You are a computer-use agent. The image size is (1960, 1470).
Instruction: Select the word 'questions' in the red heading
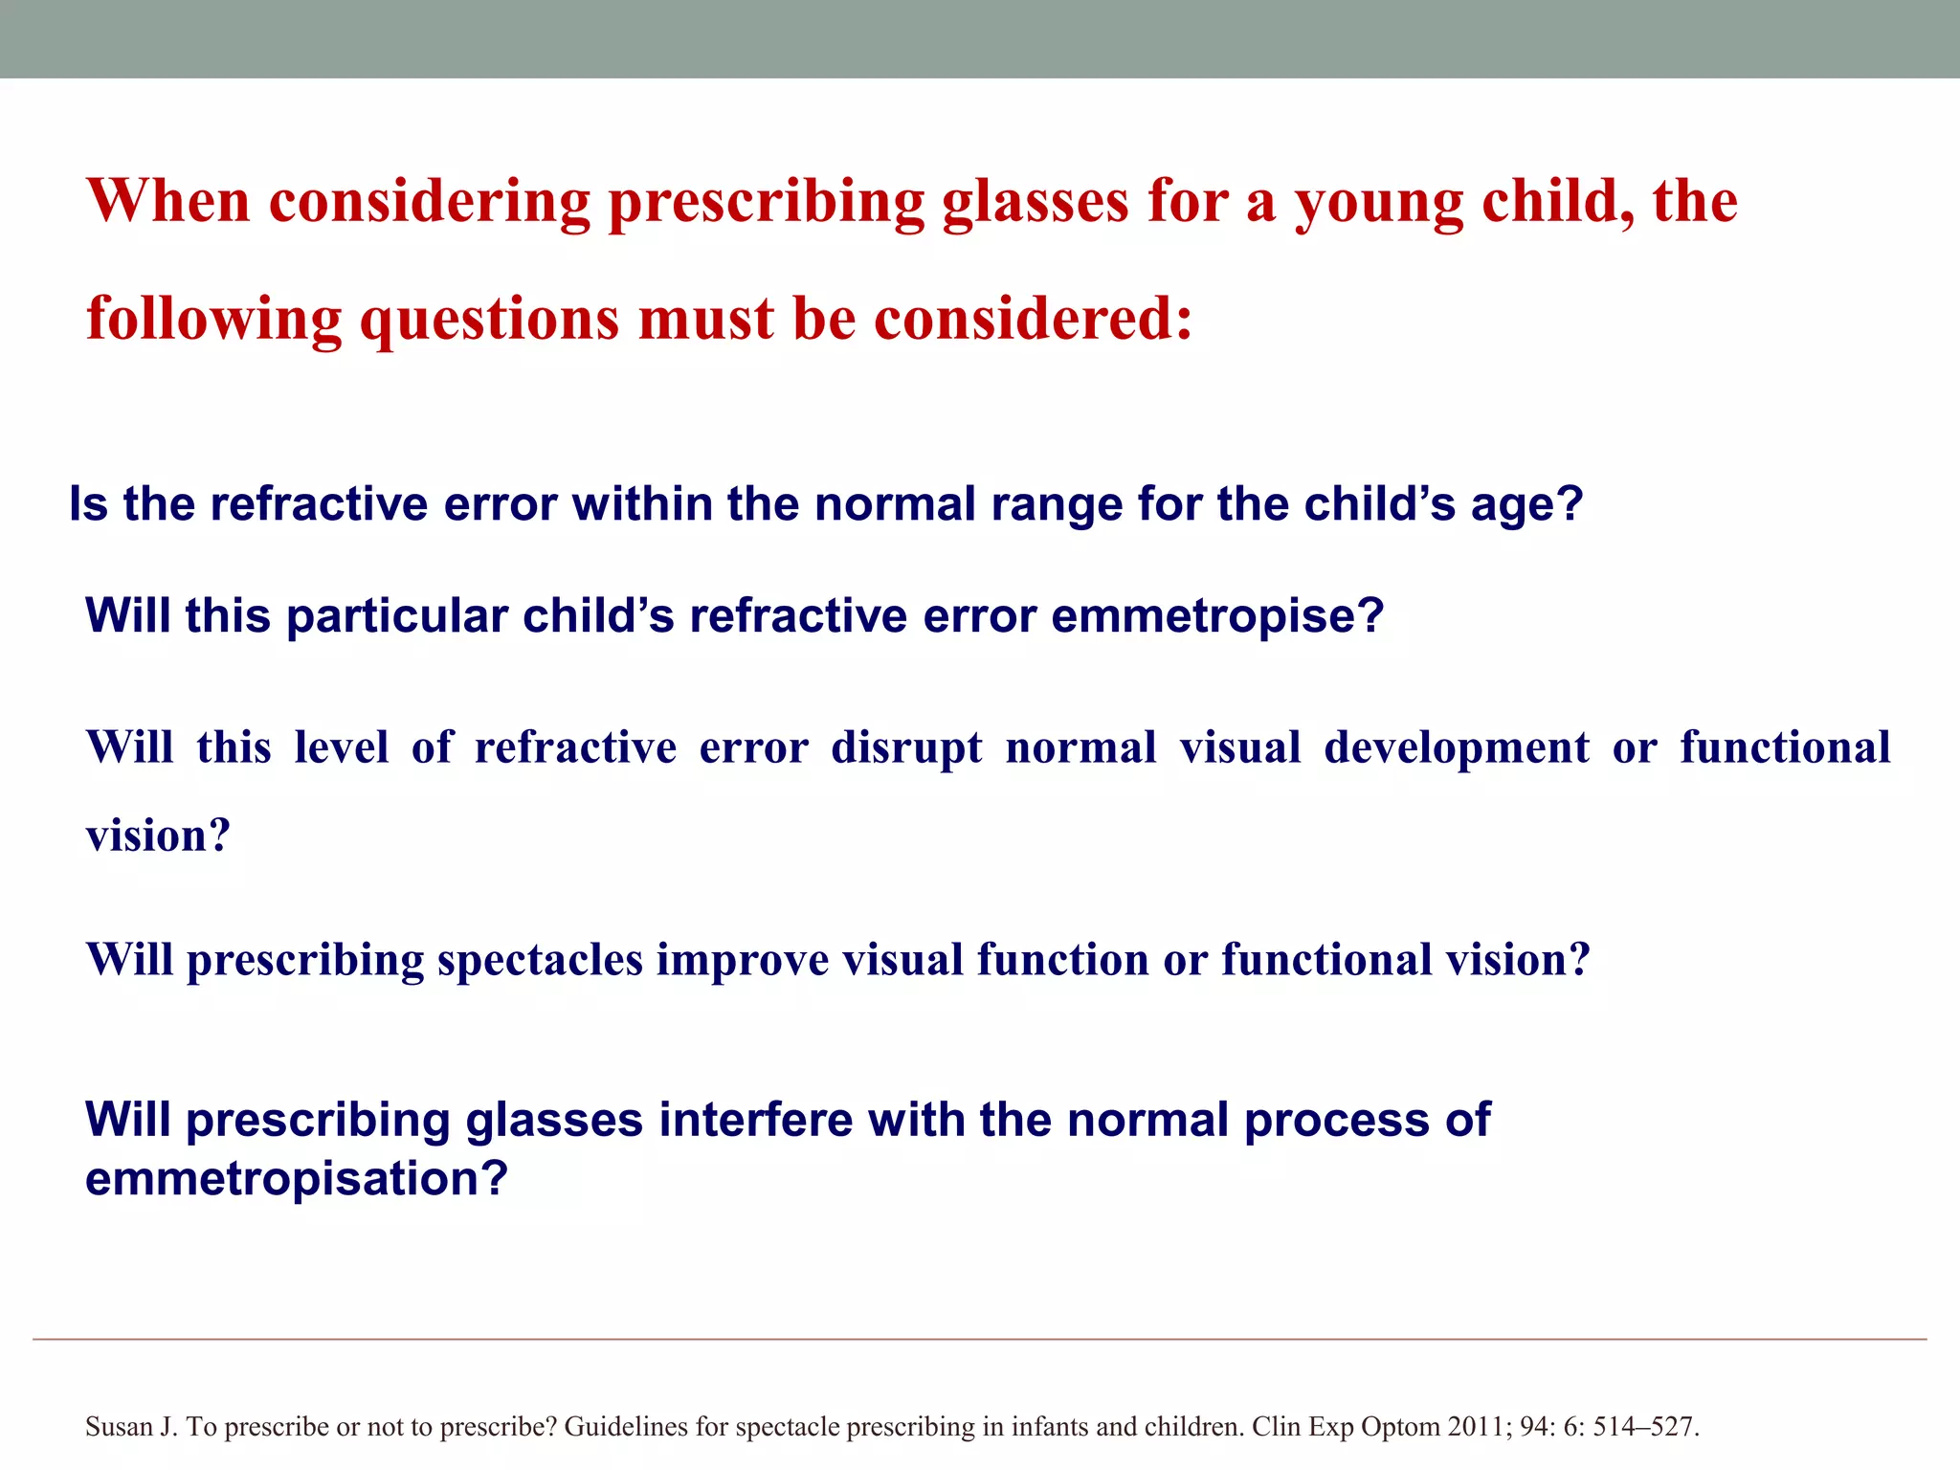click(x=488, y=321)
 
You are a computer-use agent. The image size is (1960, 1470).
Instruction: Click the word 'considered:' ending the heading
click(x=1034, y=319)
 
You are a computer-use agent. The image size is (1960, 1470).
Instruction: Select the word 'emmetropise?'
click(x=1217, y=616)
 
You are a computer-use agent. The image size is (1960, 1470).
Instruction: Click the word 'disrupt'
click(x=906, y=748)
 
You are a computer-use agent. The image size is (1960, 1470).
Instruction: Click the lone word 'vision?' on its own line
click(x=158, y=836)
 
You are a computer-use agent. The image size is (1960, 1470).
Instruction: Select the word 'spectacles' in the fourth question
click(x=540, y=961)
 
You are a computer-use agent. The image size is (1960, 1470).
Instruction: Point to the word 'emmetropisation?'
click(x=296, y=1179)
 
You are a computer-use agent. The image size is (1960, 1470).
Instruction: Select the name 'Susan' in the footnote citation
click(x=118, y=1427)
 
